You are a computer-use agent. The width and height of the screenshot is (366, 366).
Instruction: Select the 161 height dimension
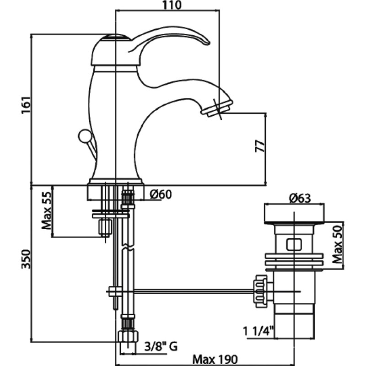pyautogui.click(x=26, y=105)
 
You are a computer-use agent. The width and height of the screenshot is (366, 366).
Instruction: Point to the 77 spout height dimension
pyautogui.click(x=260, y=146)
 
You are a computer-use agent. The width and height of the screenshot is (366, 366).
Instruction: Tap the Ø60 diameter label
pyautogui.click(x=161, y=194)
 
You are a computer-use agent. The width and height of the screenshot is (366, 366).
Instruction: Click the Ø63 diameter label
pyautogui.click(x=300, y=199)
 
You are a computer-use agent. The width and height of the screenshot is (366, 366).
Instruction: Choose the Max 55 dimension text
pyautogui.click(x=46, y=210)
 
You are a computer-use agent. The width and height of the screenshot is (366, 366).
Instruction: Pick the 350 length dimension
pyautogui.click(x=26, y=259)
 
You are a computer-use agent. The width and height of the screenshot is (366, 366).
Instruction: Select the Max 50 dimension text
pyautogui.click(x=337, y=244)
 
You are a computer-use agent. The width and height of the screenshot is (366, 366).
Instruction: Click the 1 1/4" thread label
pyautogui.click(x=258, y=331)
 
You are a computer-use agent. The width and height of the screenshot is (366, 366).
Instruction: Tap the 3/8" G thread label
pyautogui.click(x=161, y=346)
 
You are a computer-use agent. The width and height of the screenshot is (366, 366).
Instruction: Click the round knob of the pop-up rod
pyautogui.click(x=84, y=136)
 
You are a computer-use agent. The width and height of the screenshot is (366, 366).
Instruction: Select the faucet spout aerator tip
pyautogui.click(x=217, y=108)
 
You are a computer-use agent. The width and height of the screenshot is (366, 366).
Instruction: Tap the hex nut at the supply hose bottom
pyautogui.click(x=128, y=336)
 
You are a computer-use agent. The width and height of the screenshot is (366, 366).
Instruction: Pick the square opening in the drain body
pyautogui.click(x=294, y=245)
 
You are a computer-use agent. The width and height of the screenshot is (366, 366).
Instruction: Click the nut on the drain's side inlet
pyautogui.click(x=260, y=291)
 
